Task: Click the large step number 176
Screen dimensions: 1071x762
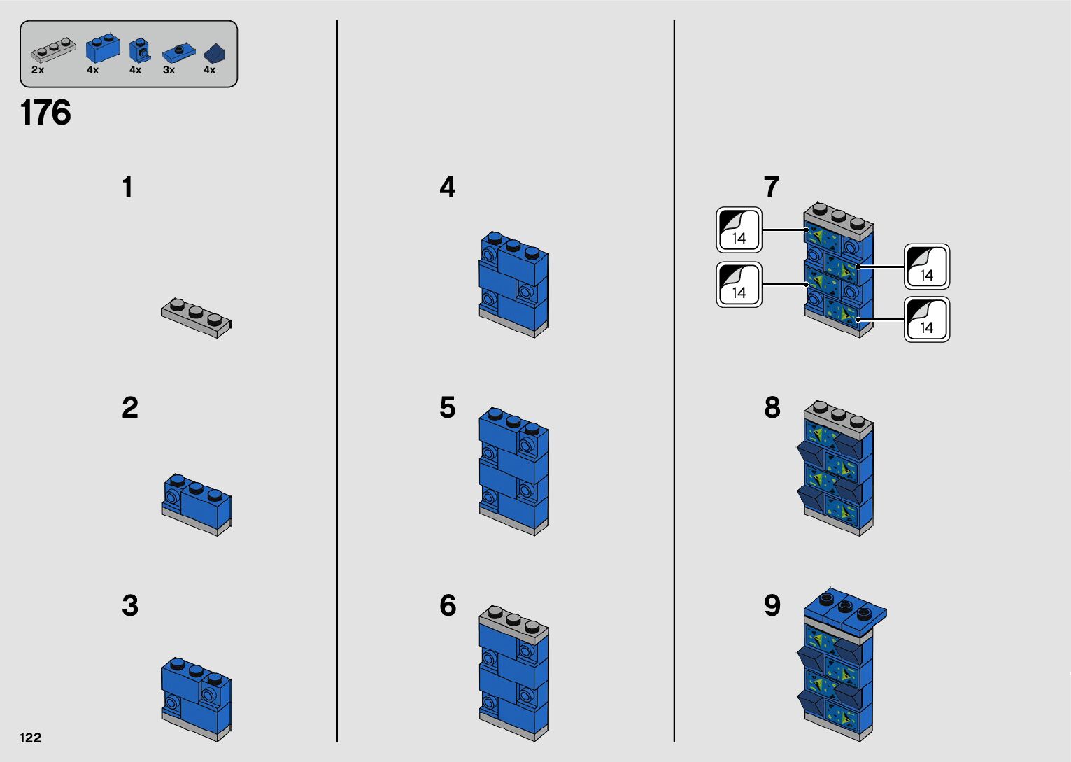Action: click(45, 113)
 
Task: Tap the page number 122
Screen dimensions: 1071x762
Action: click(31, 738)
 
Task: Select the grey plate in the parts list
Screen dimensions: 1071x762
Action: click(52, 50)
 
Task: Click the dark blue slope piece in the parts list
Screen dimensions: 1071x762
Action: click(214, 54)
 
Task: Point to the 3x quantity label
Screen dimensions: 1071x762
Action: click(169, 70)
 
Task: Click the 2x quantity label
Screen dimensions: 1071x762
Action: click(38, 70)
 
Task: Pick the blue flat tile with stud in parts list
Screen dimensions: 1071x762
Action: click(179, 53)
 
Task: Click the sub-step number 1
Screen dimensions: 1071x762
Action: click(127, 188)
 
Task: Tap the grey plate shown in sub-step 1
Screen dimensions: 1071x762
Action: click(196, 318)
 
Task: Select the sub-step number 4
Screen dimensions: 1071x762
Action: click(448, 188)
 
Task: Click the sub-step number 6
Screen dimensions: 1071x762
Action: click(448, 606)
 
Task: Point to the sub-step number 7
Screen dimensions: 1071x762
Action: click(771, 188)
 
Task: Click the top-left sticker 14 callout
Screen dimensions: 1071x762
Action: click(739, 230)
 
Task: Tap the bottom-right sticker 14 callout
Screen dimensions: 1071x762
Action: click(927, 320)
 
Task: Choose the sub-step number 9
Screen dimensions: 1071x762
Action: click(772, 606)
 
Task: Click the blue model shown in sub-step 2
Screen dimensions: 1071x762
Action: click(197, 503)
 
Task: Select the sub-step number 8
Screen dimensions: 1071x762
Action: click(772, 408)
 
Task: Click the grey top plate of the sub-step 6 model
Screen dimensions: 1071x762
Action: click(514, 621)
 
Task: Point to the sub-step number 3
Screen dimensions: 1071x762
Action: click(130, 606)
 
